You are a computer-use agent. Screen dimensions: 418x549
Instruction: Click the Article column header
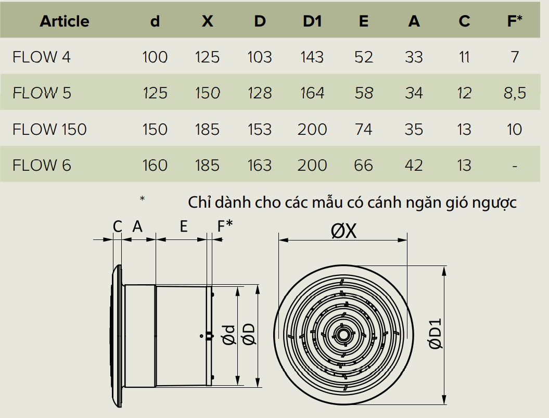[x=65, y=21]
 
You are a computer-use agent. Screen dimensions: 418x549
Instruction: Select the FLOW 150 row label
[x=49, y=129]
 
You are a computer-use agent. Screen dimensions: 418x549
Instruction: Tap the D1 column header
[x=312, y=21]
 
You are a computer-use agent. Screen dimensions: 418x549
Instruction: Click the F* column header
[x=514, y=21]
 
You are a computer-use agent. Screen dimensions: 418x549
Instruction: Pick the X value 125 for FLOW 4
[x=207, y=57]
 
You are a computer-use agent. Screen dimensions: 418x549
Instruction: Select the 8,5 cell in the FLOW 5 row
[x=514, y=93]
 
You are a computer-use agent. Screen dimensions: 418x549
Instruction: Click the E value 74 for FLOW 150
[x=363, y=129]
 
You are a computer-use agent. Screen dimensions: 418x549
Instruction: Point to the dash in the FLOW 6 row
[x=514, y=166]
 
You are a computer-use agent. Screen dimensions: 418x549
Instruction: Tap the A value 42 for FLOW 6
[x=414, y=166]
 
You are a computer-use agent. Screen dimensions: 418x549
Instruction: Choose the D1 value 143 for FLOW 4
[x=312, y=57]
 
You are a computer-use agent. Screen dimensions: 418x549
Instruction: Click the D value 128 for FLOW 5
[x=260, y=93]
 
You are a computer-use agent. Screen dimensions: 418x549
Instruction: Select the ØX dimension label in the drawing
[x=344, y=231]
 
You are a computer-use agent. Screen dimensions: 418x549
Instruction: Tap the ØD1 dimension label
[x=435, y=333]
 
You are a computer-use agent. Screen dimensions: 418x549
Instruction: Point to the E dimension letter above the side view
[x=183, y=226]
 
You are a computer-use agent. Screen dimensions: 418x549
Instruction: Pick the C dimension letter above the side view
[x=118, y=226]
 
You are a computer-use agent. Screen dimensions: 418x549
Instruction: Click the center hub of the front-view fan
[x=343, y=334]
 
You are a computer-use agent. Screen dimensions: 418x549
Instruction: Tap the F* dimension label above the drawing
[x=225, y=226]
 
